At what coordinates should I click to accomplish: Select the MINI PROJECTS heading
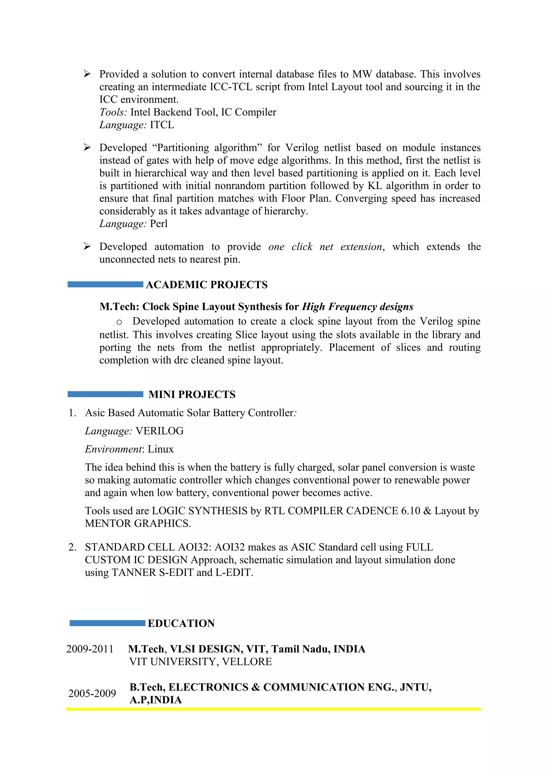coord(192,394)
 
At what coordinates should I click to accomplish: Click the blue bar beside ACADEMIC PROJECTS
coord(105,285)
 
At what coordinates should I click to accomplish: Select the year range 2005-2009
coord(92,693)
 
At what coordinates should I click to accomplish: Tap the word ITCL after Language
coord(162,125)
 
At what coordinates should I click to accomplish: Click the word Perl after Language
coord(158,224)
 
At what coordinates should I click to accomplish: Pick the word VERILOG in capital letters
coord(159,431)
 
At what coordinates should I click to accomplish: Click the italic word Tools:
coord(113,112)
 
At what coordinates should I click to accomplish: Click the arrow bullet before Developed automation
coord(87,246)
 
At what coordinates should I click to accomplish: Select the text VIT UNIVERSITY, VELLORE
coord(200,662)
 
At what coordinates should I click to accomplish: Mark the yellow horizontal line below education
coord(273,709)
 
